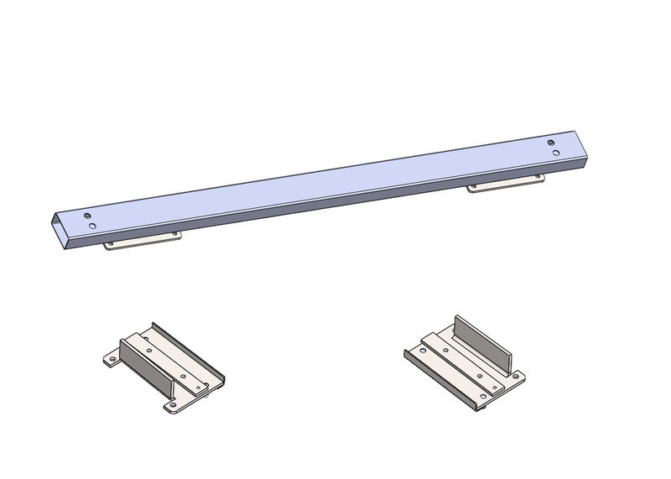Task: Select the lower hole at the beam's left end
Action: (90, 226)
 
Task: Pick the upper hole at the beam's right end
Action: (551, 143)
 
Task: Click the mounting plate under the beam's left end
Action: (143, 241)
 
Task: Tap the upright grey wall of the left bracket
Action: (147, 362)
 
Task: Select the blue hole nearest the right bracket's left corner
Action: (420, 349)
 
